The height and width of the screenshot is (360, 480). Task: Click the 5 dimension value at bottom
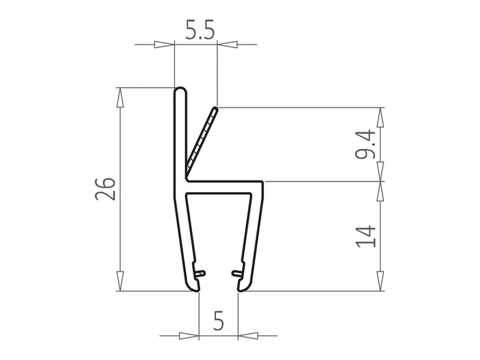tap(219, 320)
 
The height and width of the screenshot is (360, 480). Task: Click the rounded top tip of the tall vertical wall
tap(180, 91)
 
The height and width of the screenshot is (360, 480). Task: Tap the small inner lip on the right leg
tap(239, 274)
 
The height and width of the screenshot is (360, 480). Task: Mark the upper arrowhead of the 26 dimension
tap(121, 97)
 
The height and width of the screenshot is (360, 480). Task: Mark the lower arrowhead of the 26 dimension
tap(121, 281)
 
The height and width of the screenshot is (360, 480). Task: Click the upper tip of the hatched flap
tap(215, 109)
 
